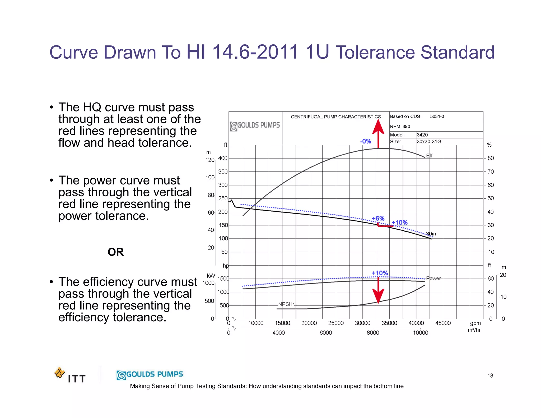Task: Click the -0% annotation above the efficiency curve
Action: pyautogui.click(x=366, y=141)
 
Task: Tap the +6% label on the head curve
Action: pyautogui.click(x=378, y=219)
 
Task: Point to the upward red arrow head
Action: pyautogui.click(x=378, y=127)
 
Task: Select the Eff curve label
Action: pyautogui.click(x=429, y=156)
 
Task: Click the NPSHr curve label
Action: pyautogui.click(x=286, y=304)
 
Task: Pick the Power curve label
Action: pyautogui.click(x=433, y=278)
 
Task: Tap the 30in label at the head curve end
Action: pyautogui.click(x=431, y=234)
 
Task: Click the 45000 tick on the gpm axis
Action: pyautogui.click(x=443, y=323)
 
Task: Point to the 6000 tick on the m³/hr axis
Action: pyautogui.click(x=326, y=333)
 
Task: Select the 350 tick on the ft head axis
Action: pyautogui.click(x=223, y=172)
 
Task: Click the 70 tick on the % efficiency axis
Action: pyautogui.click(x=491, y=172)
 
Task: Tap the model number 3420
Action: pyautogui.click(x=422, y=135)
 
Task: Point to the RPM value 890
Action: pyautogui.click(x=406, y=127)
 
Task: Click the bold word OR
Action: pyautogui.click(x=116, y=252)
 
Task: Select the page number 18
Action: pyautogui.click(x=490, y=376)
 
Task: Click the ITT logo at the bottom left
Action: pyautogui.click(x=70, y=375)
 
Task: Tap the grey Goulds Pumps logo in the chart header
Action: pyautogui.click(x=255, y=126)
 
